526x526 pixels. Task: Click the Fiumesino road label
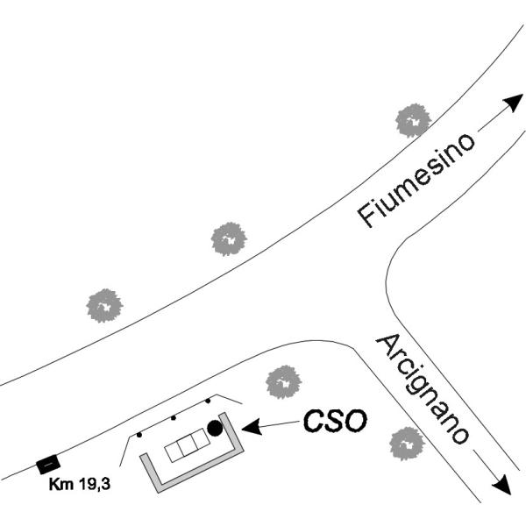(x=416, y=181)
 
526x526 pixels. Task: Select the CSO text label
(x=335, y=421)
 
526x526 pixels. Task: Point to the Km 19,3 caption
(x=80, y=484)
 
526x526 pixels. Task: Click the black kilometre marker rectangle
(x=48, y=464)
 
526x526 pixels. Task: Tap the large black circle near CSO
(x=215, y=428)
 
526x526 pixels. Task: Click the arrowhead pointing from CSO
(x=252, y=427)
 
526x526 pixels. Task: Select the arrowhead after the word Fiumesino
(x=513, y=102)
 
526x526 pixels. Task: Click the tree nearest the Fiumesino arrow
(x=413, y=120)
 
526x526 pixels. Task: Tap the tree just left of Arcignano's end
(x=407, y=444)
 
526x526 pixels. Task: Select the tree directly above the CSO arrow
(x=283, y=382)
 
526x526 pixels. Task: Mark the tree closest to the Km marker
(x=104, y=306)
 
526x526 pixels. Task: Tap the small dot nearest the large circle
(x=208, y=401)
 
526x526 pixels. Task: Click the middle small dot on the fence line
(x=174, y=417)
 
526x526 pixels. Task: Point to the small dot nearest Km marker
(x=139, y=435)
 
